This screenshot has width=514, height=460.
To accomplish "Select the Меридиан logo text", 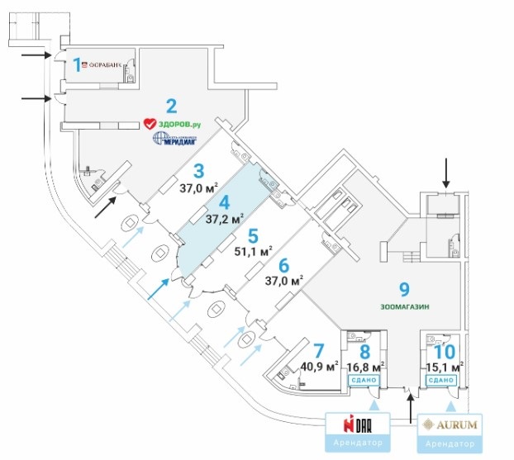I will pos(176,140).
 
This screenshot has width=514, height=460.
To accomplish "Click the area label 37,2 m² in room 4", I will pos(225,220).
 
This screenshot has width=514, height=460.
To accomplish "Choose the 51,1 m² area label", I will pos(254,250).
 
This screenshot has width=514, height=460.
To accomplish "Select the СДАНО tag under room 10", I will pos(440,379).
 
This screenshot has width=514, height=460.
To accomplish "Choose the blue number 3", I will pos(198,171).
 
